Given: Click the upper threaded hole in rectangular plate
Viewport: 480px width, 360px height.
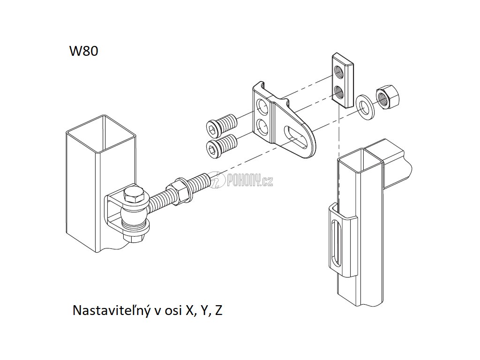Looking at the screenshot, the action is tap(338, 72).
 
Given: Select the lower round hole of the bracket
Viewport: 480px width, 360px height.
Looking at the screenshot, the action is tap(263, 126).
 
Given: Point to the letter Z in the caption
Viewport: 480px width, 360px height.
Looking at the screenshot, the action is tap(218, 310).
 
